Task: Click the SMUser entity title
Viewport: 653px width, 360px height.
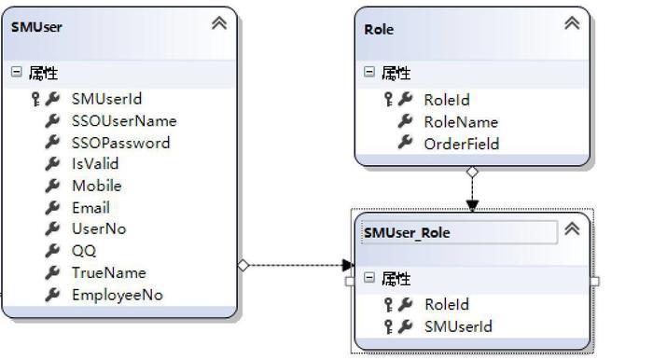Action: pyautogui.click(x=36, y=27)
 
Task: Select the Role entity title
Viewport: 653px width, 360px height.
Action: pyautogui.click(x=379, y=30)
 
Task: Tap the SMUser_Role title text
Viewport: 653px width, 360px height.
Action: pyautogui.click(x=407, y=232)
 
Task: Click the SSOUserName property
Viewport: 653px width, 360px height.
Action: pyautogui.click(x=124, y=121)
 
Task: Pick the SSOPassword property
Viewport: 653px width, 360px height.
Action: pyautogui.click(x=120, y=144)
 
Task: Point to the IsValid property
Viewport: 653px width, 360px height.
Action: pyautogui.click(x=95, y=163)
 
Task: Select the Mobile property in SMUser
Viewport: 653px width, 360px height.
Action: pyautogui.click(x=97, y=186)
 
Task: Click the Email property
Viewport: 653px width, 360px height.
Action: pyautogui.click(x=90, y=208)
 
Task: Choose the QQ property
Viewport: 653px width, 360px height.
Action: pyautogui.click(x=84, y=251)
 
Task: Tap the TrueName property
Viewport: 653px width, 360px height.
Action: pyautogui.click(x=109, y=273)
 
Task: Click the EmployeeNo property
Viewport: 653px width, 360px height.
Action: pyautogui.click(x=117, y=295)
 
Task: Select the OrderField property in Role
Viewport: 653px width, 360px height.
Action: pyautogui.click(x=462, y=144)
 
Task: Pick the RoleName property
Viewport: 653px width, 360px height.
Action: pyautogui.click(x=461, y=122)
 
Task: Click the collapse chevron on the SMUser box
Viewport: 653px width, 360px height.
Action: pyautogui.click(x=219, y=23)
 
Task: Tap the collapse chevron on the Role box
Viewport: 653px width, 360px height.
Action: pyautogui.click(x=572, y=23)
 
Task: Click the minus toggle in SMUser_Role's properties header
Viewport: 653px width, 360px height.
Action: pyautogui.click(x=369, y=277)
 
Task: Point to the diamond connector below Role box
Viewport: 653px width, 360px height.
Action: pyautogui.click(x=472, y=172)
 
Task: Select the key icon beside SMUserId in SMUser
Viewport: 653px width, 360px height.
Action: pyautogui.click(x=35, y=99)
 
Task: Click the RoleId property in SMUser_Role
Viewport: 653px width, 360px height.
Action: pyautogui.click(x=447, y=305)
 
